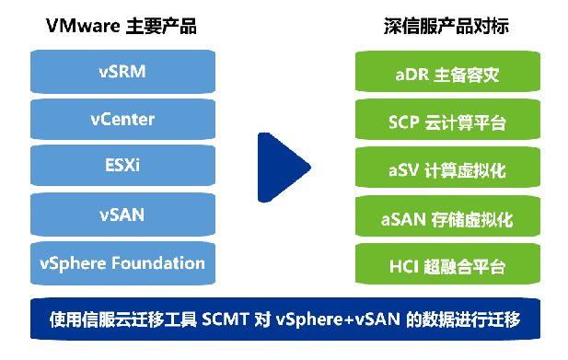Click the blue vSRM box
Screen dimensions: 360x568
pyautogui.click(x=122, y=71)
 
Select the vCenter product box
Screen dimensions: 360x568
pyautogui.click(x=122, y=119)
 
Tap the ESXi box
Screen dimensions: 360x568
pyautogui.click(x=122, y=167)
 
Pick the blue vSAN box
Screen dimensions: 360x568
pyautogui.click(x=122, y=215)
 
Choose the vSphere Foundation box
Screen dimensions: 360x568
pyautogui.click(x=122, y=263)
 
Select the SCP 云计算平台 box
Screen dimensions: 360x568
pyautogui.click(x=446, y=122)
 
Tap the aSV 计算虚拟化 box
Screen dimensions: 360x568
pyautogui.click(x=446, y=170)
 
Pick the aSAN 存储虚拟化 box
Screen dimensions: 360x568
pyautogui.click(x=446, y=219)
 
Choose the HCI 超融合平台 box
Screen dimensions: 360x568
pyautogui.click(x=446, y=267)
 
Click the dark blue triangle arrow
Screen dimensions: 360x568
pyautogui.click(x=279, y=168)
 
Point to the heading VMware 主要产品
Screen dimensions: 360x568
pyautogui.click(x=122, y=26)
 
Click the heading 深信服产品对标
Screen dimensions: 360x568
pyautogui.click(x=446, y=26)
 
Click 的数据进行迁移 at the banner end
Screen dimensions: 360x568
pyautogui.click(x=469, y=319)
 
